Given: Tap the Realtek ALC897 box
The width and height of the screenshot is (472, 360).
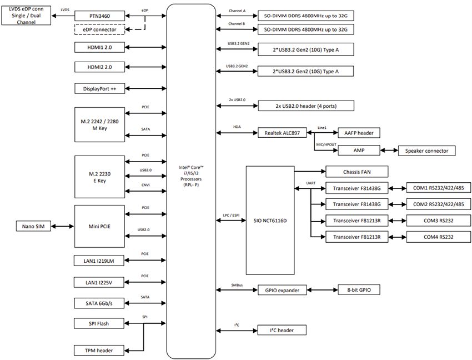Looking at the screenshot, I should (x=282, y=133).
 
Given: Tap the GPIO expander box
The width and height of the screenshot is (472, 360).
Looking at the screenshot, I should (x=282, y=289).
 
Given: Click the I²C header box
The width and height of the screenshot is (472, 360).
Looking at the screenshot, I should (x=282, y=330).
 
